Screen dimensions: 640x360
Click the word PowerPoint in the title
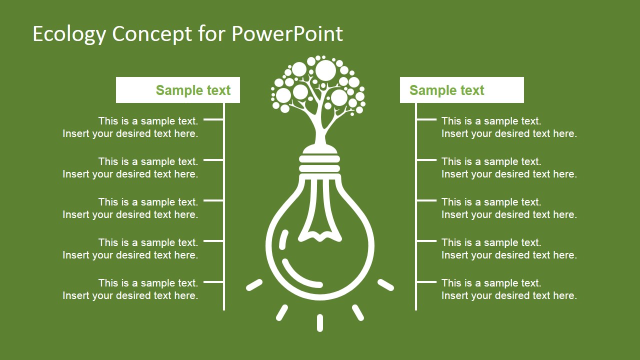[287, 33]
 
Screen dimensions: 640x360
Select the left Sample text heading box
[177, 90]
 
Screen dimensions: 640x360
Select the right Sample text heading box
[461, 90]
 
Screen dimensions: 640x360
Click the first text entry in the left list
[130, 127]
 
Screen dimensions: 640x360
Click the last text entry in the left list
[130, 289]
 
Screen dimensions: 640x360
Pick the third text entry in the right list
[509, 208]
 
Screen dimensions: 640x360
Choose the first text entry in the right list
[509, 127]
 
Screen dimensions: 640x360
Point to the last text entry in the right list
[509, 289]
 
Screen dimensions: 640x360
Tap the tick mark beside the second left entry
[213, 160]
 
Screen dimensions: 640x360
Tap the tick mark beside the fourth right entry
[426, 241]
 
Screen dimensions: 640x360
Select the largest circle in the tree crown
[325, 70]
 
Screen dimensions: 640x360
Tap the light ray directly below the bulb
[320, 323]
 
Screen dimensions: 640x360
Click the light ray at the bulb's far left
[254, 285]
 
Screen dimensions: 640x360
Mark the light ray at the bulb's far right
[385, 285]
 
